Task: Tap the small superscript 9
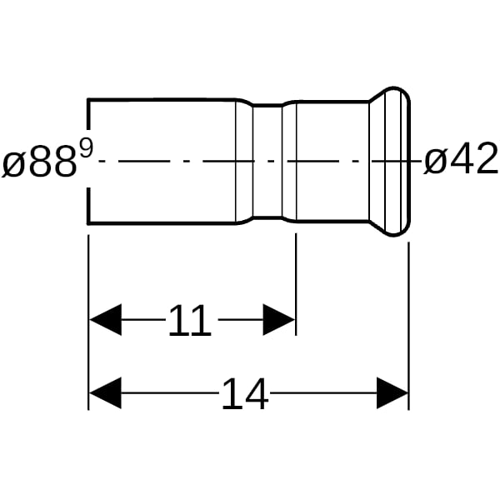(x=87, y=149)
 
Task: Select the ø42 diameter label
(x=461, y=158)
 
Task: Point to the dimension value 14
(x=245, y=393)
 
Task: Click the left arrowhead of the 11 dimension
(x=105, y=319)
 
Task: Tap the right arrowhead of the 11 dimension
(x=278, y=319)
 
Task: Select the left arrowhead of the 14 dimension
(x=105, y=393)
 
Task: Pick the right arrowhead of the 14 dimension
(x=392, y=393)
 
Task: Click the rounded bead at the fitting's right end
(x=398, y=162)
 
